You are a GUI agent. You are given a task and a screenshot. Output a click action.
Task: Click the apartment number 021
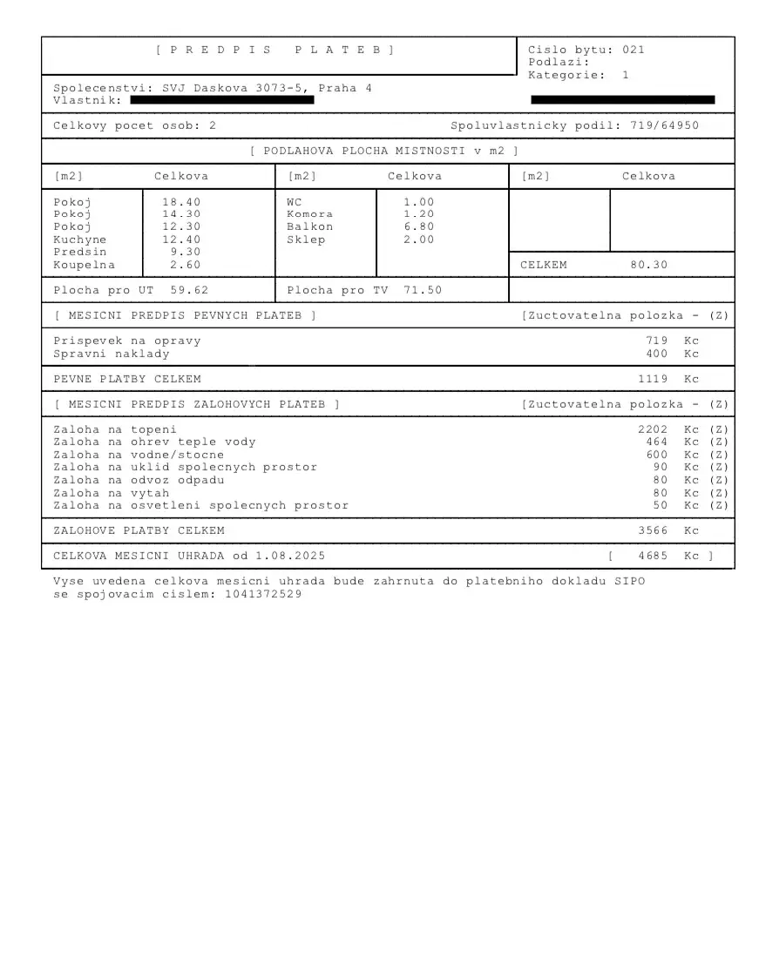(x=633, y=51)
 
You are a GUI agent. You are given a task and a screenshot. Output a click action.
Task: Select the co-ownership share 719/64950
(x=664, y=126)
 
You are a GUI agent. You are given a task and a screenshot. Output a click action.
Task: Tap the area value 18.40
(x=181, y=202)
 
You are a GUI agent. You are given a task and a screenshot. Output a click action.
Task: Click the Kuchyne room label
(x=80, y=240)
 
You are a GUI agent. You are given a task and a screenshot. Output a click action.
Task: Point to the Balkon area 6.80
(x=418, y=227)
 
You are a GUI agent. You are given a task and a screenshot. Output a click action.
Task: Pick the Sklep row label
(x=306, y=240)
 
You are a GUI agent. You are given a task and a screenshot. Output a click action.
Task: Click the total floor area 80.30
(x=649, y=265)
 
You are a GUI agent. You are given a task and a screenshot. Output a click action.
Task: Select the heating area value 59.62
(x=189, y=290)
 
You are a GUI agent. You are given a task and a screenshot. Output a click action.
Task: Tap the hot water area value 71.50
(x=423, y=290)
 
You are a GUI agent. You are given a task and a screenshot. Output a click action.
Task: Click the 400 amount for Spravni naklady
(x=657, y=354)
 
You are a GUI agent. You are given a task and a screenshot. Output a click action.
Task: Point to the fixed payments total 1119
(x=653, y=379)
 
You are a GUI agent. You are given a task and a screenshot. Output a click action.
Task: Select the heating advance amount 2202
(x=653, y=429)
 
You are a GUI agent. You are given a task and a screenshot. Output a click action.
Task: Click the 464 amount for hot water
(x=657, y=442)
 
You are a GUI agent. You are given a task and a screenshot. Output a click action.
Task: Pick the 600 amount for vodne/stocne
(x=657, y=455)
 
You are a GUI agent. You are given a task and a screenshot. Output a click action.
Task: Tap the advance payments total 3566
(x=653, y=530)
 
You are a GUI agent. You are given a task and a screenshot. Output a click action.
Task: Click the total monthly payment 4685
(x=653, y=556)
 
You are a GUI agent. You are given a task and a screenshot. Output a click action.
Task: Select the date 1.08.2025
(x=290, y=556)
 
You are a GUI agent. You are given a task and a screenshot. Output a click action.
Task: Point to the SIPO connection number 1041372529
(x=263, y=594)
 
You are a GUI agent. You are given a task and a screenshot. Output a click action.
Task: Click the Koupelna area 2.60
(x=185, y=265)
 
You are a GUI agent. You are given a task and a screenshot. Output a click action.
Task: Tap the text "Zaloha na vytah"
(x=112, y=493)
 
